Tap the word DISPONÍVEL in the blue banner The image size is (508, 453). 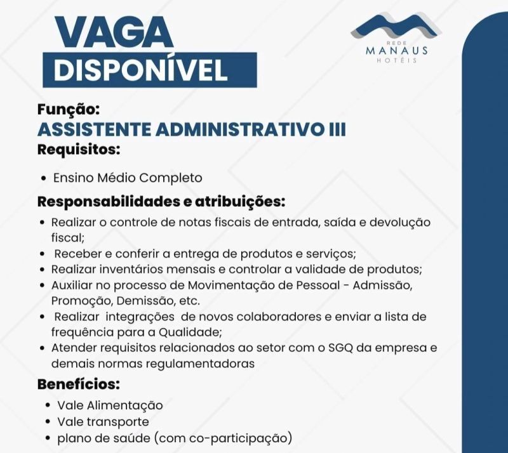(x=140, y=70)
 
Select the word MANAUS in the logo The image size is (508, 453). (x=397, y=51)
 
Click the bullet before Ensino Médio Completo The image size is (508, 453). (x=43, y=178)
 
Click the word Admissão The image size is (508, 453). (x=387, y=284)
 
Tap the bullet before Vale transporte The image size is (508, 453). (x=49, y=422)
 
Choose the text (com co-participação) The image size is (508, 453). (x=224, y=438)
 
